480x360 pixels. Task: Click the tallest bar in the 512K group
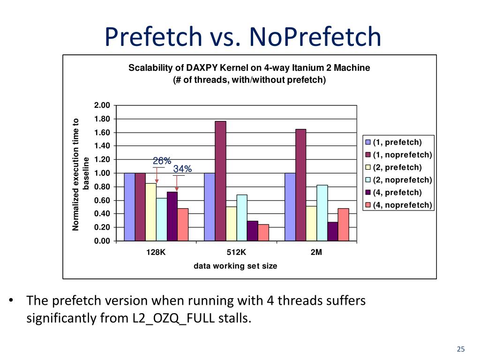220,181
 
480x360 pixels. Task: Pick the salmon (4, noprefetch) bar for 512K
263,232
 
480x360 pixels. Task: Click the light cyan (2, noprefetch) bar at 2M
322,213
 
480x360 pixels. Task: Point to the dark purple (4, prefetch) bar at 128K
172,216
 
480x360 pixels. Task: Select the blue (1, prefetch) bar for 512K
210,207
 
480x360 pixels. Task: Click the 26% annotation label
162,161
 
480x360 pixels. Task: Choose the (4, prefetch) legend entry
397,192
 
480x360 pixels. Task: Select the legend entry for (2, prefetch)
397,167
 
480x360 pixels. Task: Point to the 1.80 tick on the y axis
102,119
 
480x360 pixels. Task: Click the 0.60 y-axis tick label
102,200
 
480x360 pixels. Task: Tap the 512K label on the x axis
236,252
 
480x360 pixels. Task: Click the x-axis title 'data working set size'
235,266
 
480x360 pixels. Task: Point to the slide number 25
461,349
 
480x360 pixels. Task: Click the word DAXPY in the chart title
203,68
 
